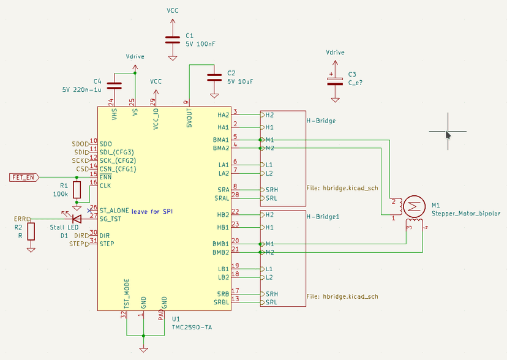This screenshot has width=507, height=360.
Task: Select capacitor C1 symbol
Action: pos(173,40)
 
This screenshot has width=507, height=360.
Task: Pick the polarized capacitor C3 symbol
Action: pos(334,80)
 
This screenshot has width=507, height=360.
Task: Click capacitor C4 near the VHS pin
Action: pos(115,85)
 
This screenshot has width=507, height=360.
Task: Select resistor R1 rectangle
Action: pos(77,190)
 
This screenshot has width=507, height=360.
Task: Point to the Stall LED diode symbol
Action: pos(76,219)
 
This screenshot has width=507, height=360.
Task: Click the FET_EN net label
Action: pos(24,177)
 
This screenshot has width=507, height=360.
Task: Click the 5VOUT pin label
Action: pos(189,115)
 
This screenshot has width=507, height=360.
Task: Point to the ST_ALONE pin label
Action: pos(114,209)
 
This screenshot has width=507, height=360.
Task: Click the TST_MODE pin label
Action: pos(127,294)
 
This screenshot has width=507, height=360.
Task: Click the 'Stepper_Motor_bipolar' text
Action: pos(465,213)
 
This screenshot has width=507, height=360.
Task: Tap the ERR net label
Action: pos(21,219)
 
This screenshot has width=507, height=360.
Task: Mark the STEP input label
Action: pos(80,244)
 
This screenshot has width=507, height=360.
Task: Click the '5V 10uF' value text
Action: pos(239,80)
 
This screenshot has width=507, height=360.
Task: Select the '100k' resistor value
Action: pos(60,193)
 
